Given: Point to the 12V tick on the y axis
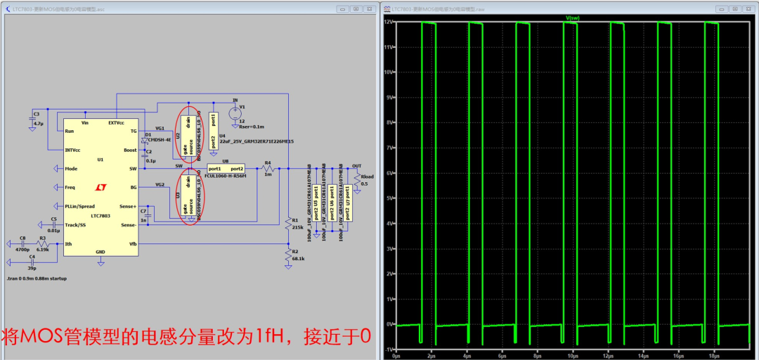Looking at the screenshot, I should pyautogui.click(x=388, y=22).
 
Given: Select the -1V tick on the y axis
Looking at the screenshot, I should pyautogui.click(x=387, y=349).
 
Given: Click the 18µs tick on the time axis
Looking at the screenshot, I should pyautogui.click(x=715, y=356).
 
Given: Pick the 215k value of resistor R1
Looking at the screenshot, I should pyautogui.click(x=296, y=228).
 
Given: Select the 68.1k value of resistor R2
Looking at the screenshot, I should pyautogui.click(x=298, y=259).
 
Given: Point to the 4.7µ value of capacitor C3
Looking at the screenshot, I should pyautogui.click(x=38, y=123).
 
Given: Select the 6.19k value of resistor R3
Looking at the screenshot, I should pyautogui.click(x=42, y=249).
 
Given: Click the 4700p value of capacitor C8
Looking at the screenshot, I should pyautogui.click(x=22, y=249).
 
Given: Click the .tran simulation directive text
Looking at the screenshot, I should pyautogui.click(x=36, y=278).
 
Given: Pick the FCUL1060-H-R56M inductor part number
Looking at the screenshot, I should pyautogui.click(x=225, y=176).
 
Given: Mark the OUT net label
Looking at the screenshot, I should pyautogui.click(x=357, y=165).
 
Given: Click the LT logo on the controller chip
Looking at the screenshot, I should pyautogui.click(x=100, y=188).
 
